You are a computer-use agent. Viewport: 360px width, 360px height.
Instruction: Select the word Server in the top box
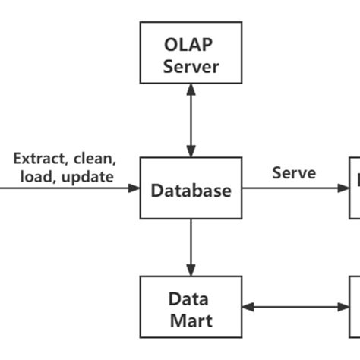pos(191,66)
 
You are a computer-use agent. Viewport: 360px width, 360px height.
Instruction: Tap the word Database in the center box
pos(191,190)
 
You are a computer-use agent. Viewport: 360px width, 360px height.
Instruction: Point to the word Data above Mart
pos(191,298)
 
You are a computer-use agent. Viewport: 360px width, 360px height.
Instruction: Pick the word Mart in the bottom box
pos(191,321)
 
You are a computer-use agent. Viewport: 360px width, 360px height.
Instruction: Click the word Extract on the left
pos(40,159)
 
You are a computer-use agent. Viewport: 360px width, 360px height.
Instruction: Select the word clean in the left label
pos(94,159)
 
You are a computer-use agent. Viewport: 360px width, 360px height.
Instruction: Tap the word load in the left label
pos(36,177)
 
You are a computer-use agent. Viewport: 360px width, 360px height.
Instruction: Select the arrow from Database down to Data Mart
pos(191,247)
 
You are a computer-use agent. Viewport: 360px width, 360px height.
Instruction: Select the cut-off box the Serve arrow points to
pos(354,187)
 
